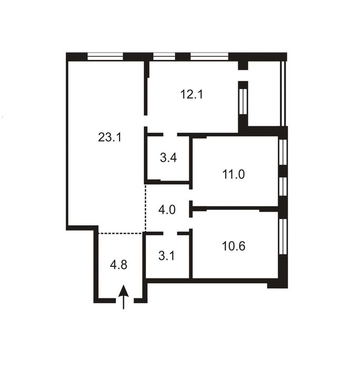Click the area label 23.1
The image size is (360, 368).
point(110,138)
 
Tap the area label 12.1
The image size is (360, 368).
point(192,95)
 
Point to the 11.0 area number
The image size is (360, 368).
point(233,174)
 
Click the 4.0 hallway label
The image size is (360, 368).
point(167,209)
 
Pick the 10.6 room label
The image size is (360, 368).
point(233,246)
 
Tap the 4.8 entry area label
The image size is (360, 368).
point(119,265)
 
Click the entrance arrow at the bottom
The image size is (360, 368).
point(123,297)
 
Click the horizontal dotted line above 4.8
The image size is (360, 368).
point(121,233)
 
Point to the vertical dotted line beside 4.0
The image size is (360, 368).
point(145,208)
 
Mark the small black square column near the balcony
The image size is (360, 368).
point(242,65)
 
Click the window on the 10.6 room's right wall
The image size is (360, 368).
point(284,236)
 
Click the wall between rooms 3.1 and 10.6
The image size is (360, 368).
point(191,255)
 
